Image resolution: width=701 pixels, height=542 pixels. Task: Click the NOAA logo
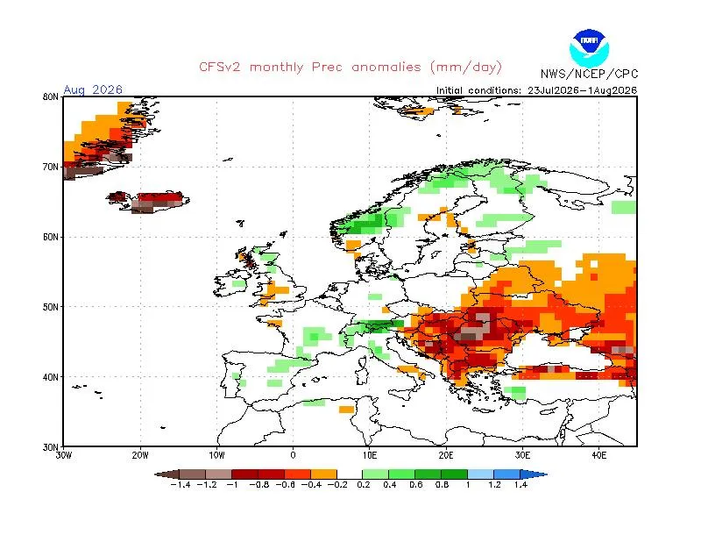click(589, 48)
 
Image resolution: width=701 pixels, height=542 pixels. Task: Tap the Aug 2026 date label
click(93, 89)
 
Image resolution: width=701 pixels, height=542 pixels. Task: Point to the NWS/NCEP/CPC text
click(589, 74)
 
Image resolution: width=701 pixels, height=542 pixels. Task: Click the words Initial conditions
click(478, 90)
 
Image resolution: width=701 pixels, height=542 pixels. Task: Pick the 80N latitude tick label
click(51, 96)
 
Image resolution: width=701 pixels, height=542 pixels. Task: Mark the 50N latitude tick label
click(51, 307)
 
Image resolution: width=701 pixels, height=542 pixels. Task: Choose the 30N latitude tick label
click(51, 447)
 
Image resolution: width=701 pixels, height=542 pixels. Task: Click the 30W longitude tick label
click(63, 456)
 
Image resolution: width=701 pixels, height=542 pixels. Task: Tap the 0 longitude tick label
click(293, 456)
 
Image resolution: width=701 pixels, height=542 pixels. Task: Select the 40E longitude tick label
click(599, 456)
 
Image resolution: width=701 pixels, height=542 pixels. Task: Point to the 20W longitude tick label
click(140, 456)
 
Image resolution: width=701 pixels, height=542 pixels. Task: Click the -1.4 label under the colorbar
click(181, 485)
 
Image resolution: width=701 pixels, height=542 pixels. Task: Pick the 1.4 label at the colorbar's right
click(520, 485)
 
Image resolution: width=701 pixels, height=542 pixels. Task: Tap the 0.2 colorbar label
click(364, 485)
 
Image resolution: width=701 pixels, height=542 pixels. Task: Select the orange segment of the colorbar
click(323, 474)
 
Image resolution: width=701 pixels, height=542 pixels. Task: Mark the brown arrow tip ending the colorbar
click(155, 474)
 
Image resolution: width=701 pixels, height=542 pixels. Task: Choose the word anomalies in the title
click(386, 68)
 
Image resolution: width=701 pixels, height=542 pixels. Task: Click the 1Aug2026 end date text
click(612, 90)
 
